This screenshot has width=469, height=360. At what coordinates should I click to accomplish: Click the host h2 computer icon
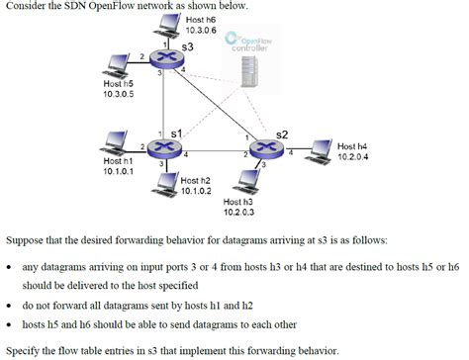click(x=169, y=184)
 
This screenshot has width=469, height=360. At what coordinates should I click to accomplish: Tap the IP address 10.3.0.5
click(x=120, y=94)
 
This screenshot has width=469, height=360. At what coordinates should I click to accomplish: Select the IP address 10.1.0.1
click(x=118, y=171)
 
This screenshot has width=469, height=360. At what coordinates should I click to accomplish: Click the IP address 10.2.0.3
click(x=238, y=212)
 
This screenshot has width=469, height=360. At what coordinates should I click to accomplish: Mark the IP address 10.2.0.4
click(x=353, y=155)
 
